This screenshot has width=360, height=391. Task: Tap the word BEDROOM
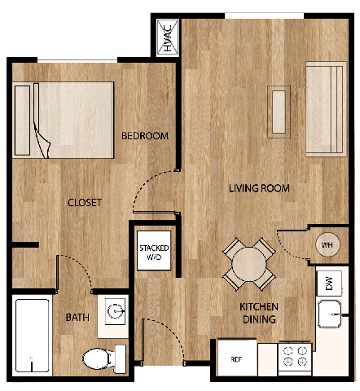coord(144,136)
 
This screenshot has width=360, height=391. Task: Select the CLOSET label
coord(84,203)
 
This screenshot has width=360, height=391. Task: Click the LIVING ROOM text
coord(259,189)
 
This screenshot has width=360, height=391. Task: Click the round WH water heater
coord(327,245)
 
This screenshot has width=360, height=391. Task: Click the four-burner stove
coord(294,356)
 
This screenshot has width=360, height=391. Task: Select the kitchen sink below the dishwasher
coord(329,313)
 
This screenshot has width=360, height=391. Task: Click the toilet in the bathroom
coord(100,358)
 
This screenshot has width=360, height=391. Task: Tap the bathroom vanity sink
coord(114,314)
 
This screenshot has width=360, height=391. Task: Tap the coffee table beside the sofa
coord(279,110)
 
